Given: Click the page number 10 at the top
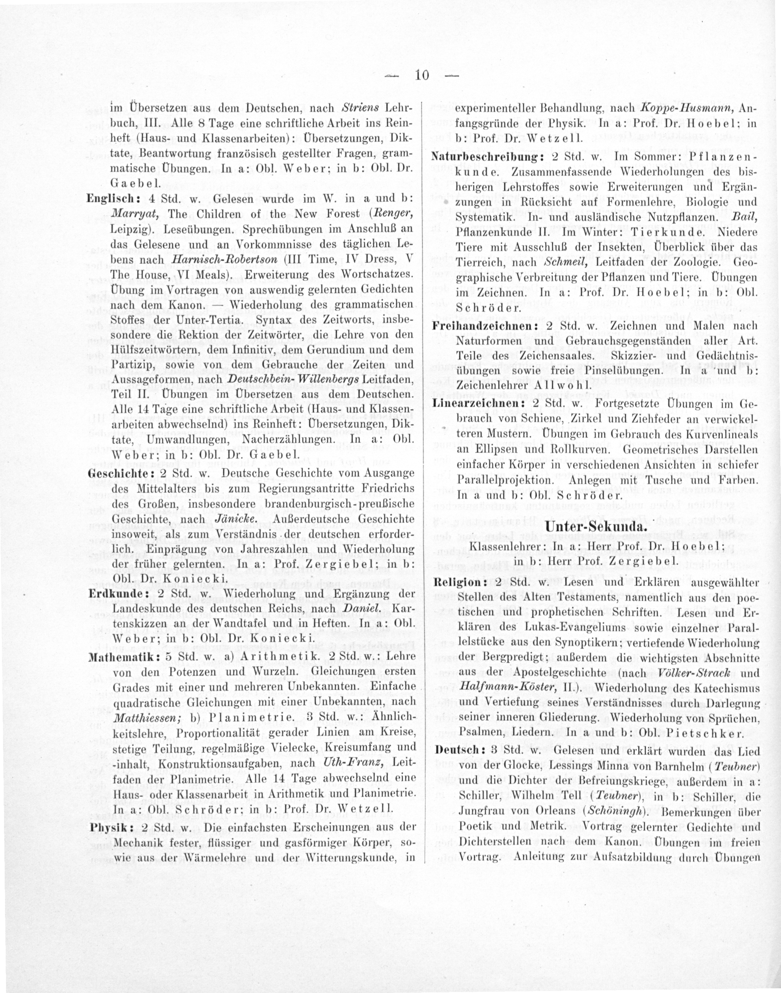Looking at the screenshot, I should point(421,75).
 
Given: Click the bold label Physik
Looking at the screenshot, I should point(105,828).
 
